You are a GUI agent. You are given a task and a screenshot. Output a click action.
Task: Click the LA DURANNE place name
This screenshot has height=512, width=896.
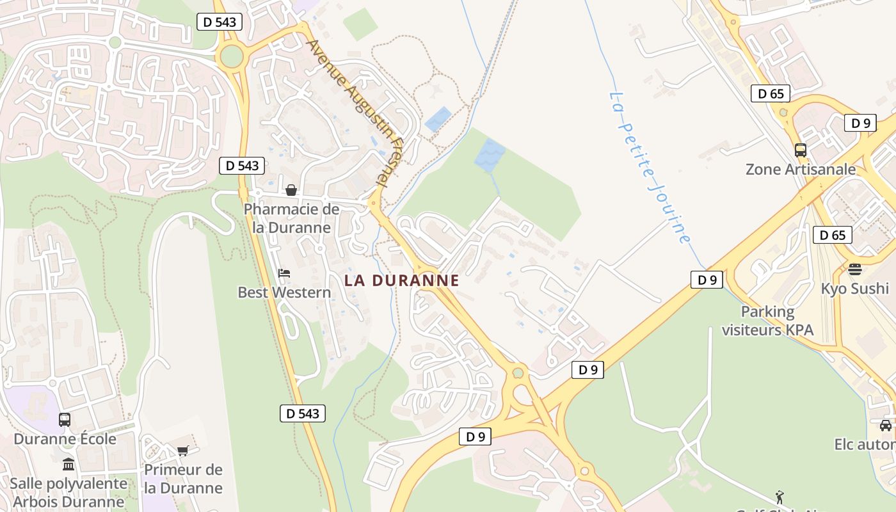[x=402, y=280]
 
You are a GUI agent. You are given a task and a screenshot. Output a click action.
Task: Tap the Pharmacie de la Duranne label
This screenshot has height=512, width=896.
[x=291, y=218]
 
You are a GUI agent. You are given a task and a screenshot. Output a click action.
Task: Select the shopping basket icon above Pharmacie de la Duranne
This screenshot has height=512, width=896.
[x=291, y=190]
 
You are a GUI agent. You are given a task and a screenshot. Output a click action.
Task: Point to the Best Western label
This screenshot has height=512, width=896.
[x=284, y=292]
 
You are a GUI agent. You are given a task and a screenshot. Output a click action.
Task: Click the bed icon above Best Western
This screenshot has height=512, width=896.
[x=284, y=273]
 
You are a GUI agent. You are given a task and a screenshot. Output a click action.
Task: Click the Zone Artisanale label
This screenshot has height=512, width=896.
[x=800, y=170]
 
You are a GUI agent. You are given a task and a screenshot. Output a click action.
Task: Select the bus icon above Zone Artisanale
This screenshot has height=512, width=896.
[x=801, y=150]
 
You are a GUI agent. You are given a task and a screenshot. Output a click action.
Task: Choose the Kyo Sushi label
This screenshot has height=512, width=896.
[x=855, y=288]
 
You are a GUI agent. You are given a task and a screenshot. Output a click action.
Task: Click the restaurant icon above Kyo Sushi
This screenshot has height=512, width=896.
[x=855, y=269]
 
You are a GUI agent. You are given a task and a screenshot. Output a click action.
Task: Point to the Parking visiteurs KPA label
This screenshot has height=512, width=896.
[x=767, y=321]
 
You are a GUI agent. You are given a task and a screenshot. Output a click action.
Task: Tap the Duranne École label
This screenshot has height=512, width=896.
[x=65, y=439]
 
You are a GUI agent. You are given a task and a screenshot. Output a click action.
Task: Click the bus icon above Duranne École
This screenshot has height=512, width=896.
[x=65, y=420]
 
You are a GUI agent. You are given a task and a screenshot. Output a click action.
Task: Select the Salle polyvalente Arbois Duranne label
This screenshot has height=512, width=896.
[x=68, y=492]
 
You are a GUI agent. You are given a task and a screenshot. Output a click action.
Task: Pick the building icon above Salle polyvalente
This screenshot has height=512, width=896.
[x=68, y=465]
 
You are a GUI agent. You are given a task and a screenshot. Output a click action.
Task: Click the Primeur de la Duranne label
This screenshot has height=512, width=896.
[x=183, y=479]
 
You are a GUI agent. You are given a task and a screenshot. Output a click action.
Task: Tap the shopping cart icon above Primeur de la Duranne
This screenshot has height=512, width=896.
[x=183, y=451]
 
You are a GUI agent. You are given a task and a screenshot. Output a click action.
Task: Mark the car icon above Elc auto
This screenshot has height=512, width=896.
[x=885, y=426]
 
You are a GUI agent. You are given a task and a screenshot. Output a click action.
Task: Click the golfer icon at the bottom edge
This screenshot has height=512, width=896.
[x=780, y=497]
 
